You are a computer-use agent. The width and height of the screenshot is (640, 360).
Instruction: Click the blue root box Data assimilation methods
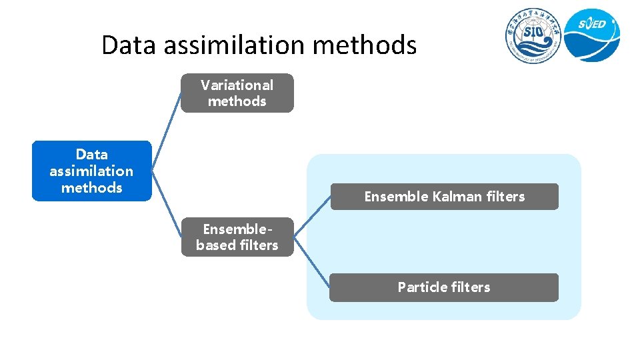click(92, 171)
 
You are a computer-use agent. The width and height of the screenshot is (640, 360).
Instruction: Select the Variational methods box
click(237, 93)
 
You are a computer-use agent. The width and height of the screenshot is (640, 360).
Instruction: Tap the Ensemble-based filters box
click(237, 237)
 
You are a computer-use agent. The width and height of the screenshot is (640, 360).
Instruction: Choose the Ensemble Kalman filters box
click(444, 197)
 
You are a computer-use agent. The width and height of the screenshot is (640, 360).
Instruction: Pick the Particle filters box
click(444, 287)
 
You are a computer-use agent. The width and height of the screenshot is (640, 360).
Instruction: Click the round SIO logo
click(532, 37)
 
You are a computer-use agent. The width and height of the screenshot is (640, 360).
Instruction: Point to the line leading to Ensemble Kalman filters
click(312, 215)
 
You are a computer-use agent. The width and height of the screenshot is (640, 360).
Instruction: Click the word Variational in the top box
click(237, 85)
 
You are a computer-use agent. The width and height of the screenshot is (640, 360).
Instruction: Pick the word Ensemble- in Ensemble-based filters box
click(237, 229)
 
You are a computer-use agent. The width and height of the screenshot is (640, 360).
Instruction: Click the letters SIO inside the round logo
click(532, 33)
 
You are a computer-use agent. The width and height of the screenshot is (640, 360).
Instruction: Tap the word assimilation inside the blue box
click(91, 171)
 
